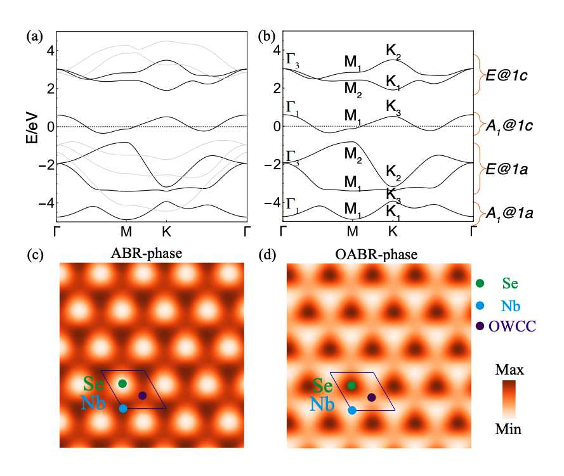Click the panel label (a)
pyautogui.click(x=34, y=36)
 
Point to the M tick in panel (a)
pyautogui.click(x=126, y=231)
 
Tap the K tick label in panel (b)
pyautogui.click(x=393, y=231)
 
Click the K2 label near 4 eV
pyautogui.click(x=394, y=50)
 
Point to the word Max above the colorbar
pyautogui.click(x=508, y=368)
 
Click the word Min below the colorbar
pyautogui.click(x=508, y=430)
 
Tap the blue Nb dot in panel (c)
pyautogui.click(x=123, y=408)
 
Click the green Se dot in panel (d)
pyautogui.click(x=351, y=385)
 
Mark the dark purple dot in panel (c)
pyautogui.click(x=143, y=396)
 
